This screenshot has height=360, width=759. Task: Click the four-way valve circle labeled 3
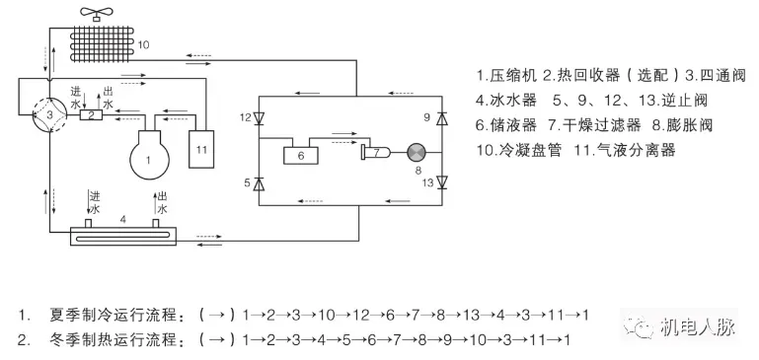(x=41, y=115)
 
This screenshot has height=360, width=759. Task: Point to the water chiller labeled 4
(x=119, y=234)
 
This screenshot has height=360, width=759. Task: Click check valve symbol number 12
(x=259, y=119)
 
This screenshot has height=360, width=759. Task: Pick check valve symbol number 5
(x=259, y=183)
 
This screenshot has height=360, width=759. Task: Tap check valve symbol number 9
(x=441, y=119)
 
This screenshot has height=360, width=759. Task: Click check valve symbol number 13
(x=441, y=182)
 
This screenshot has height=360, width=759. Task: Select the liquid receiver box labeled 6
(x=298, y=155)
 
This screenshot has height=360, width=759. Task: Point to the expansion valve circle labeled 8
(x=417, y=152)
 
